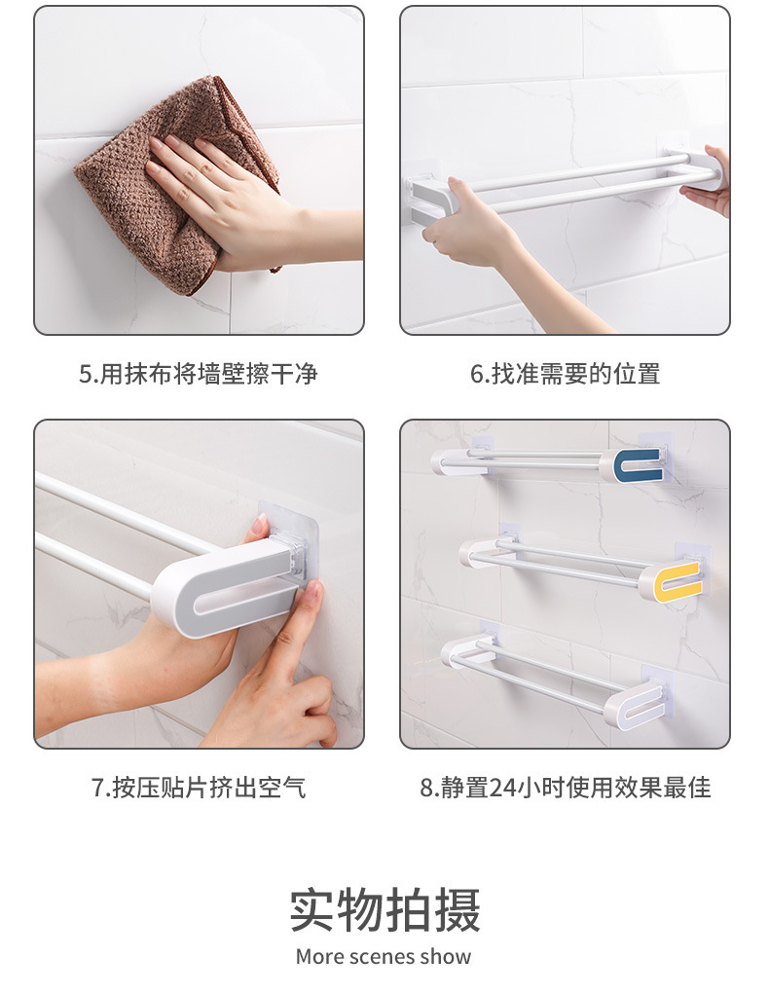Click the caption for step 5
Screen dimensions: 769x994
198,374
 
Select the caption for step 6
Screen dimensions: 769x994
565,374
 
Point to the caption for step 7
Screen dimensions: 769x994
200,788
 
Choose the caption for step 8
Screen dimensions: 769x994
565,788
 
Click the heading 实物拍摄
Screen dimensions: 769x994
384,910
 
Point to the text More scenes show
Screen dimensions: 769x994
384,957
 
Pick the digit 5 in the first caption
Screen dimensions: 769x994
86,375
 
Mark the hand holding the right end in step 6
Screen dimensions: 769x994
707,181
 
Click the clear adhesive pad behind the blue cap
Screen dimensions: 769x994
656,456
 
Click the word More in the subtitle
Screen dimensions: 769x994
320,957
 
